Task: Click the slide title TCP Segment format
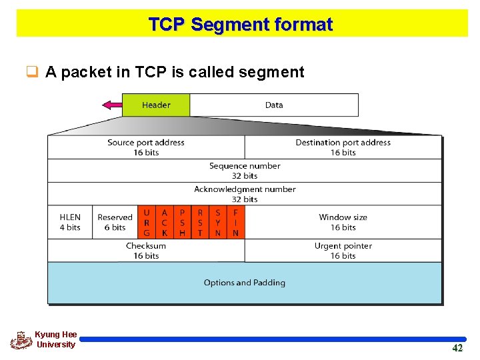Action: click(240, 25)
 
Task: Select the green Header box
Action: click(156, 105)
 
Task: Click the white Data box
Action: click(274, 105)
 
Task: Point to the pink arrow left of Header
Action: click(111, 105)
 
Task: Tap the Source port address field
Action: click(146, 147)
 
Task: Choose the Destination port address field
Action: click(343, 147)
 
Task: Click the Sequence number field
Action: click(245, 171)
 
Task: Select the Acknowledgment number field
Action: click(245, 194)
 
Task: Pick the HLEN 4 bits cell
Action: click(69, 222)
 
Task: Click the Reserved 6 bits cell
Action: click(115, 222)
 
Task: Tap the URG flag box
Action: click(147, 222)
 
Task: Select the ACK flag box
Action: click(165, 222)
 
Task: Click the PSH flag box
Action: click(182, 222)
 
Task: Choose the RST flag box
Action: click(200, 222)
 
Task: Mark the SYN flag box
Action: click(217, 222)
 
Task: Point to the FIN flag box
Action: click(235, 222)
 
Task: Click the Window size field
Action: click(343, 222)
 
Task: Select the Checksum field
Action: click(146, 251)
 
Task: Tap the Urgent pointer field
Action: click(343, 251)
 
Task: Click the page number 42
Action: click(457, 348)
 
